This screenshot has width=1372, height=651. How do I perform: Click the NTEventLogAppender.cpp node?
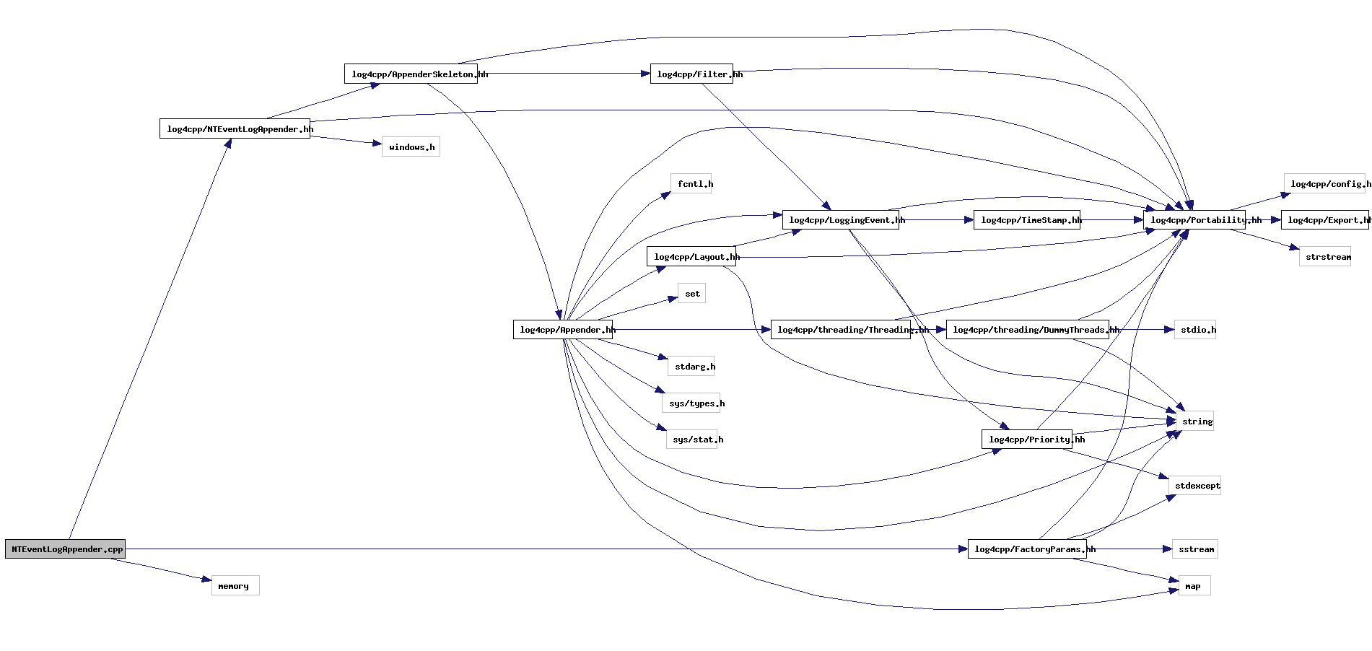(66, 549)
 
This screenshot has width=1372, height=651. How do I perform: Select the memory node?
(235, 586)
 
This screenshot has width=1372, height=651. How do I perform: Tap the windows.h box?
(411, 147)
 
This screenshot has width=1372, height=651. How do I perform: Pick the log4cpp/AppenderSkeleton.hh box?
(411, 74)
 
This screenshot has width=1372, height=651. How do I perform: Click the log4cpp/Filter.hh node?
(691, 74)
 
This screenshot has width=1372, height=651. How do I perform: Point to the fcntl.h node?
(691, 184)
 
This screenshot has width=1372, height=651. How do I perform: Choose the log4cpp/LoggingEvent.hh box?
(841, 220)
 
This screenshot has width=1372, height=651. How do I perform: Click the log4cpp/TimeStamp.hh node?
(1027, 220)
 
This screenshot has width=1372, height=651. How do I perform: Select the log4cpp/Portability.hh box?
(1194, 220)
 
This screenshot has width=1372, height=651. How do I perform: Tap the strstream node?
(1325, 257)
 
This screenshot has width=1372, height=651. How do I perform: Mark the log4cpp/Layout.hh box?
(691, 257)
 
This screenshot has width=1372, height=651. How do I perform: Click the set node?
(691, 294)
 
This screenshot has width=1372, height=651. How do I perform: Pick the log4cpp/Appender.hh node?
(563, 330)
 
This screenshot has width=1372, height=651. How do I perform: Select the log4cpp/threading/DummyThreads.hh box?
(1028, 330)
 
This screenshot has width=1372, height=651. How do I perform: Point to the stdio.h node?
(1195, 330)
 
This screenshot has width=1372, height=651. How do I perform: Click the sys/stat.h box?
(691, 440)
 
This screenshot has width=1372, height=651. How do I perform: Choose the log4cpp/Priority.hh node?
(1027, 440)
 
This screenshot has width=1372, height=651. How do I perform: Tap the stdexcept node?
(1195, 486)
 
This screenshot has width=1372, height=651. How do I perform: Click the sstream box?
(1195, 549)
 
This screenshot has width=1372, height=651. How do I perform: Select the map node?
(1194, 586)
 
